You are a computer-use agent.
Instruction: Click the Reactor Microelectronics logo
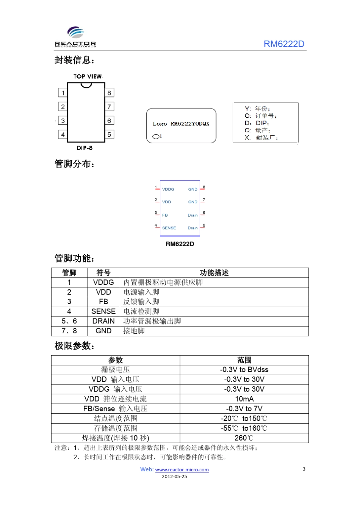(x=75, y=37)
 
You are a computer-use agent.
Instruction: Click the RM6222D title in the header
(x=284, y=44)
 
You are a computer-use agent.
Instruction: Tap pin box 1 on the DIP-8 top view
(x=63, y=93)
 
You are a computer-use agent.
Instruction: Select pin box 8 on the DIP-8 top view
(x=109, y=93)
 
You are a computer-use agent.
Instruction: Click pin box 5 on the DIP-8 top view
(x=109, y=135)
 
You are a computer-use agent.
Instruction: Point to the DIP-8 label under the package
(x=85, y=148)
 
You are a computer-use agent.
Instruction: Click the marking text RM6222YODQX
(x=190, y=124)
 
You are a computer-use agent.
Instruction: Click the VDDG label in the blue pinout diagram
(x=168, y=189)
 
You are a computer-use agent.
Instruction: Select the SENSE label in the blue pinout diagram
(x=169, y=228)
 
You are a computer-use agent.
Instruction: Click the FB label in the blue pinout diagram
(x=165, y=215)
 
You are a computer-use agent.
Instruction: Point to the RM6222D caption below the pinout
(x=180, y=244)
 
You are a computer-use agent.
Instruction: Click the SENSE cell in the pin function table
(x=103, y=311)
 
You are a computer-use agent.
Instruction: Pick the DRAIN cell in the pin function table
(x=103, y=321)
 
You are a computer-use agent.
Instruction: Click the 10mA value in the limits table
(x=244, y=399)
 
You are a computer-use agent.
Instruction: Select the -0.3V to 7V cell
(x=244, y=409)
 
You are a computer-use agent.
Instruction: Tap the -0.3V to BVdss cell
(x=244, y=370)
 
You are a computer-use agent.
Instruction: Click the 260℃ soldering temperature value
(x=244, y=438)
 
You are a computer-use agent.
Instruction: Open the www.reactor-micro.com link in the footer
(x=182, y=470)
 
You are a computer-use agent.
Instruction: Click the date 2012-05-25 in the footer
(x=174, y=477)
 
